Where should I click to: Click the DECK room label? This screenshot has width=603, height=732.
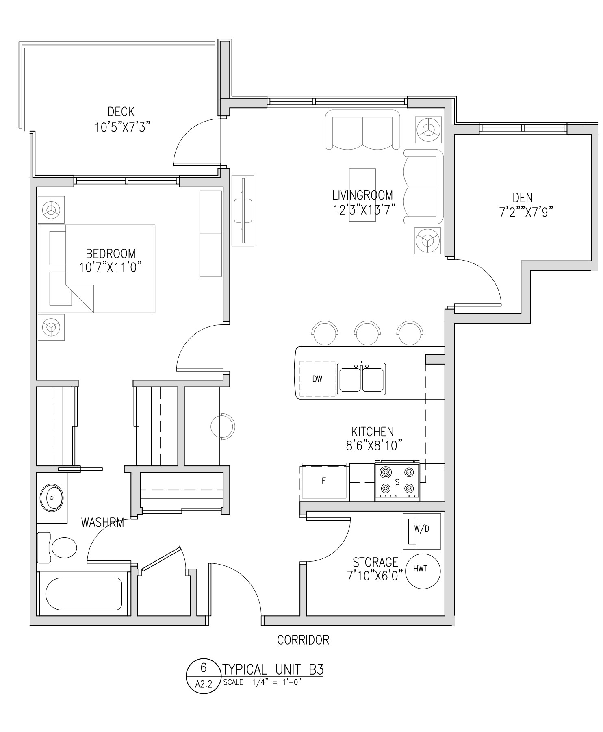(121, 111)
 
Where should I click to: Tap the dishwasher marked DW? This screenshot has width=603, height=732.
(318, 379)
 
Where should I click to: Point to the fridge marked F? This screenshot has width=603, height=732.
(324, 481)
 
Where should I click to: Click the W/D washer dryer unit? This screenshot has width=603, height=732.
(422, 531)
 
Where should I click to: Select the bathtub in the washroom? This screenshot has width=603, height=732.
(83, 594)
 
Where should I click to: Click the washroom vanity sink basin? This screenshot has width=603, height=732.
(52, 497)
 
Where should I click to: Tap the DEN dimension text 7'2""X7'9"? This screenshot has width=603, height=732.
(526, 212)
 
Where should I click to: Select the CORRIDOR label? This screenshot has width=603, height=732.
(303, 640)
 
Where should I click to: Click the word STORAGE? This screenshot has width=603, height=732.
(375, 563)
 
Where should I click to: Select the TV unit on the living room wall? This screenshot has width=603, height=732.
(243, 211)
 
